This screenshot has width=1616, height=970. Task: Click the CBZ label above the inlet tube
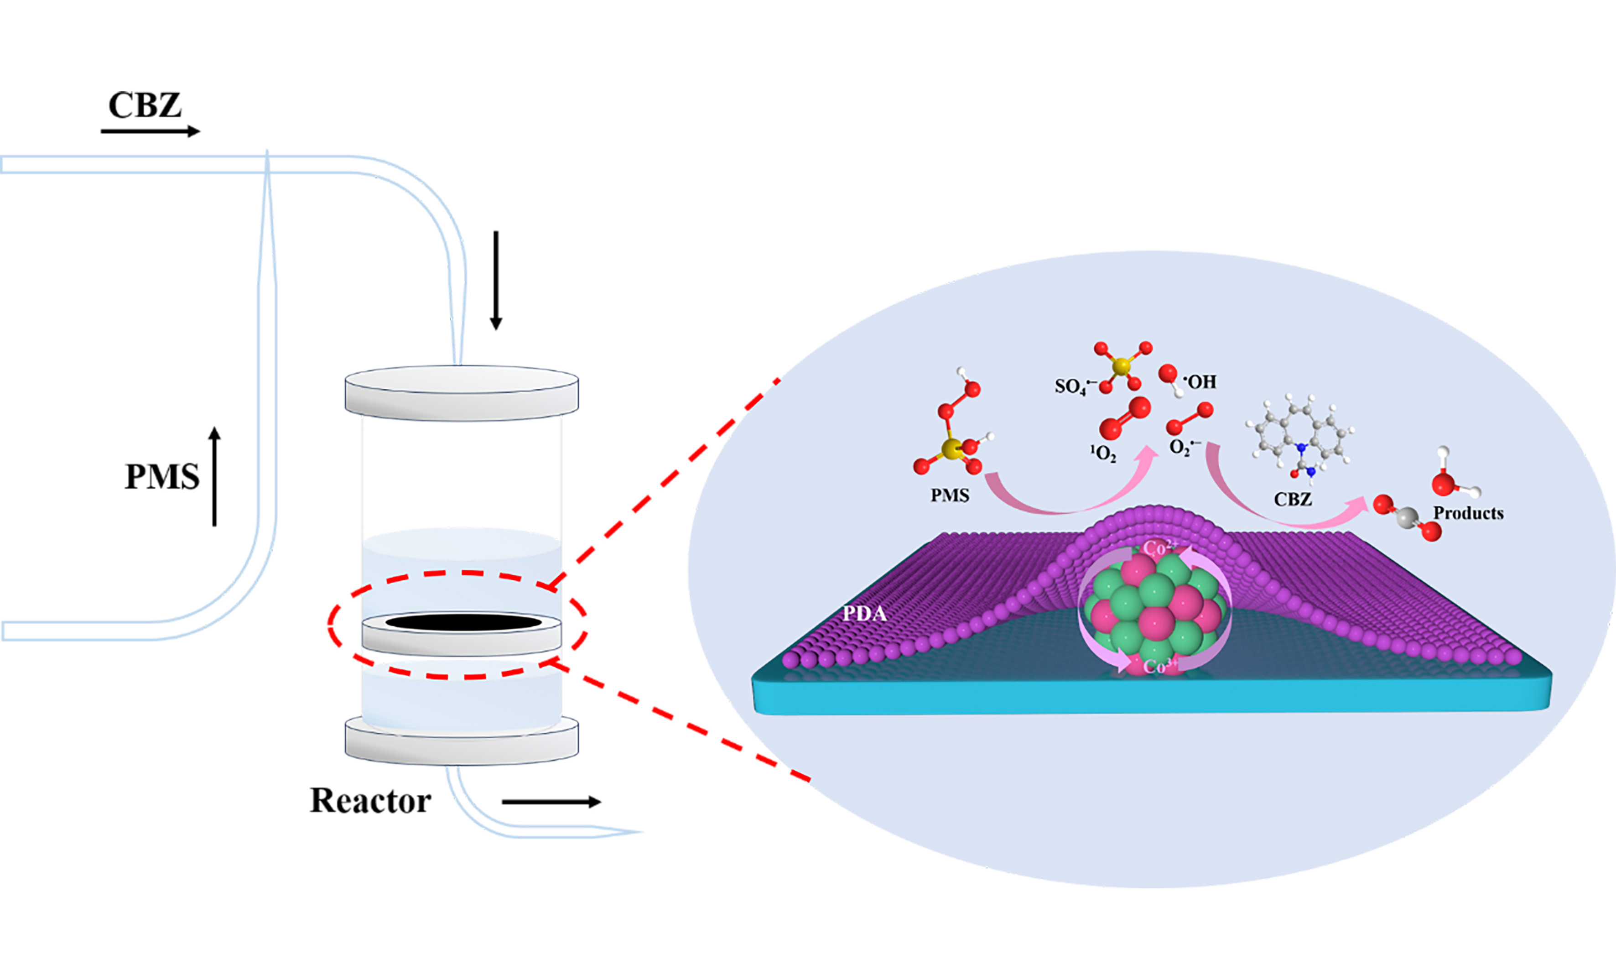pos(145,105)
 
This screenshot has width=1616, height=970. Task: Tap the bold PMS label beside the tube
pos(162,476)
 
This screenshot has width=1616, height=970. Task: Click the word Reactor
pos(370,801)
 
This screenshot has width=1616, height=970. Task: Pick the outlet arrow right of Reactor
pos(551,802)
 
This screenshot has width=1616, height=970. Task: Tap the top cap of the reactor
pos(461,392)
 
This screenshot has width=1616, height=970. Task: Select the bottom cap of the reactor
pos(461,745)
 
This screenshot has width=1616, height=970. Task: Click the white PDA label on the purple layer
pos(864,614)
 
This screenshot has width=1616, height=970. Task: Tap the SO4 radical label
pos(1072,386)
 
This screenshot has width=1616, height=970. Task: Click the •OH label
pos(1200,382)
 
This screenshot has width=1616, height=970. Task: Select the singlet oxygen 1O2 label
pos(1102,453)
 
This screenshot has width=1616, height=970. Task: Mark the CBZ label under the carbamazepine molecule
pos(1293,500)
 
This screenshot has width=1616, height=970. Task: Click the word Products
pos(1468,513)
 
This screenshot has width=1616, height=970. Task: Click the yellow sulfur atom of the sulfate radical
pos(1121,366)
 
